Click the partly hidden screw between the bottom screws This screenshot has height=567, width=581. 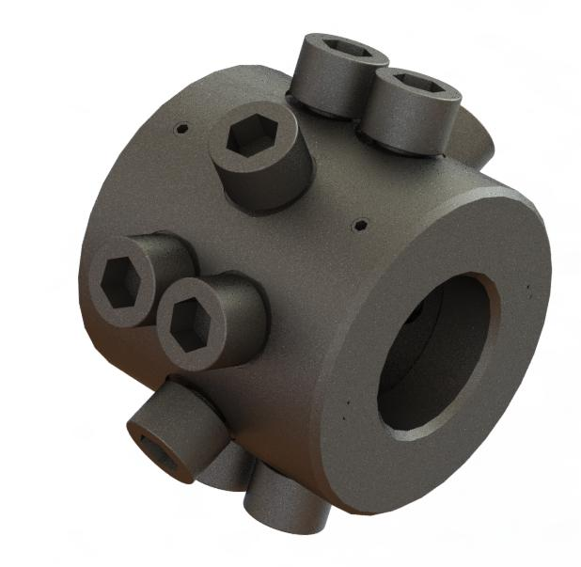point(226,470)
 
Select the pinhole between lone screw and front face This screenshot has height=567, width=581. point(360,225)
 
